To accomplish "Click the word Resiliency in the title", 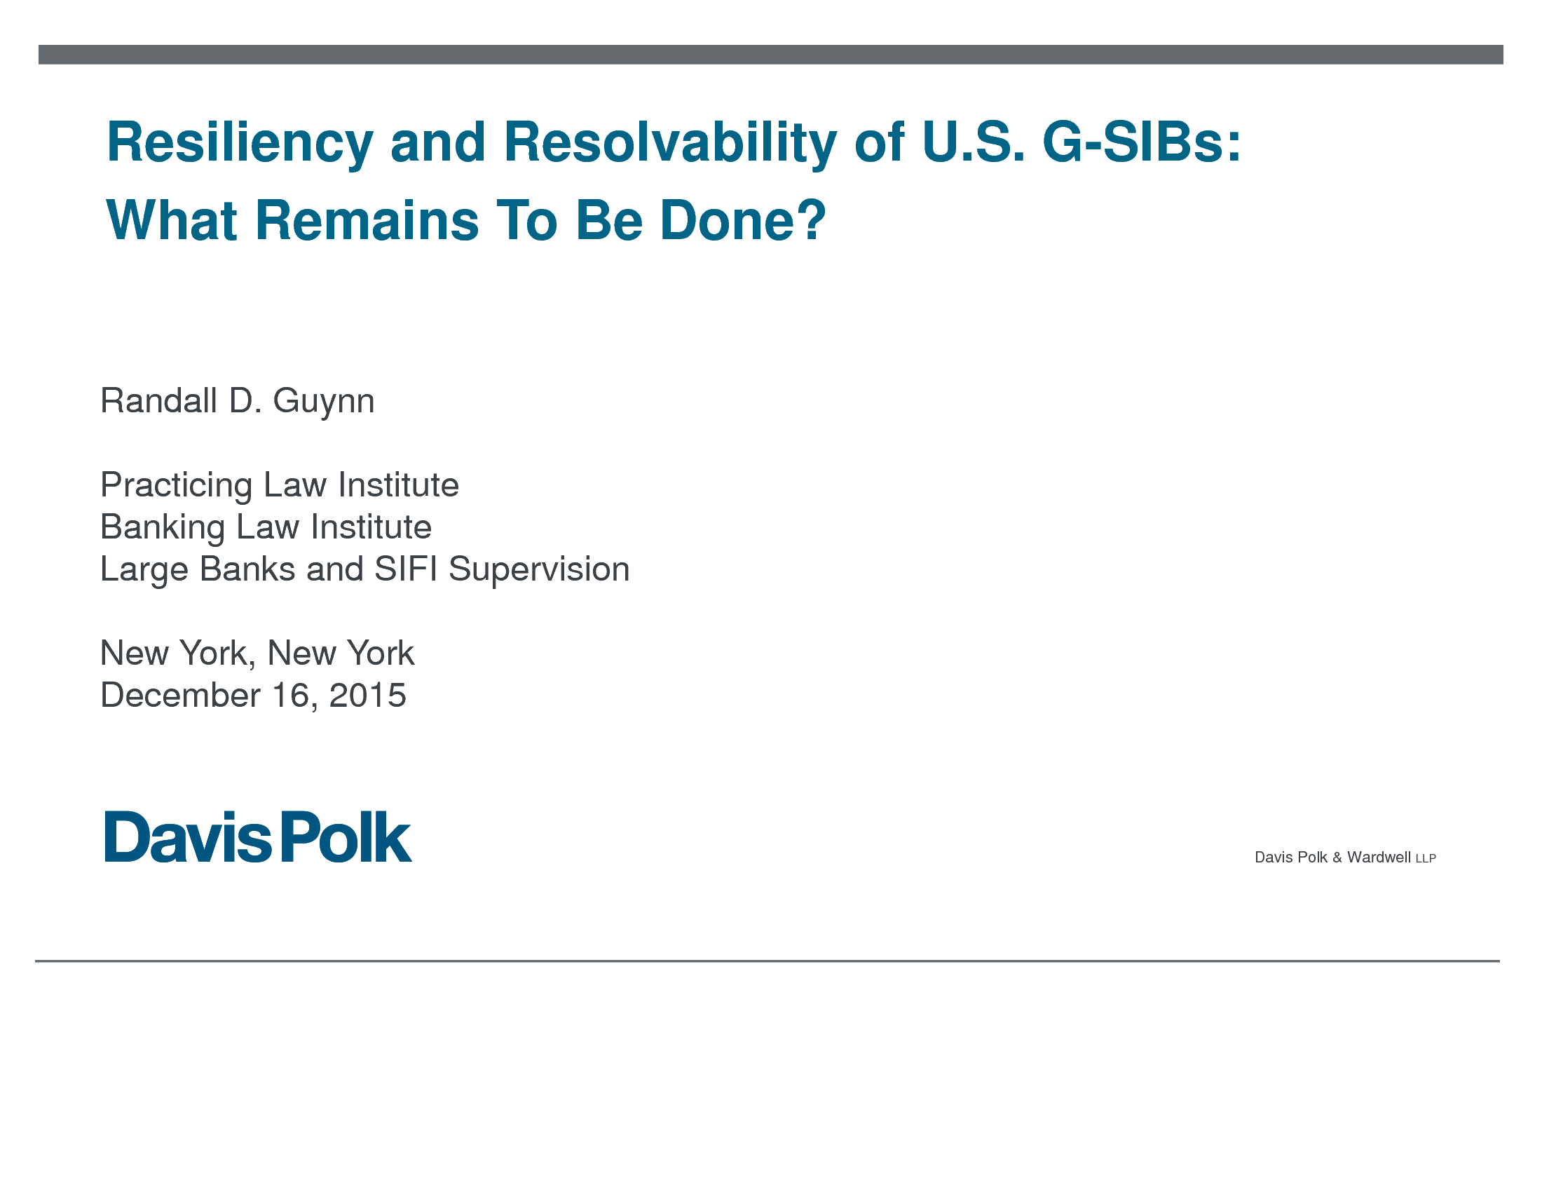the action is pyautogui.click(x=238, y=144).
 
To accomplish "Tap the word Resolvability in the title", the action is pyautogui.click(x=670, y=144).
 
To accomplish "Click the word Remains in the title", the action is pyautogui.click(x=367, y=220).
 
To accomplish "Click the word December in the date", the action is pyautogui.click(x=181, y=695).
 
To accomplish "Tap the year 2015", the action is pyautogui.click(x=368, y=695).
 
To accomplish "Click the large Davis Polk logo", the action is pyautogui.click(x=258, y=837).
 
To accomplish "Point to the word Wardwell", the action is pyautogui.click(x=1379, y=857).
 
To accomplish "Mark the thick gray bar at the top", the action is pyautogui.click(x=771, y=55).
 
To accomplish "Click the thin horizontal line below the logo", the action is pyautogui.click(x=767, y=961).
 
